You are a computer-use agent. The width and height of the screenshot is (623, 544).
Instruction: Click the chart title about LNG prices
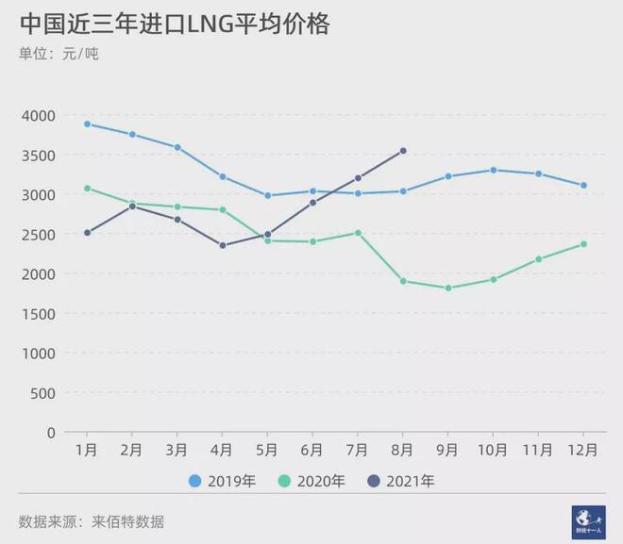point(174,24)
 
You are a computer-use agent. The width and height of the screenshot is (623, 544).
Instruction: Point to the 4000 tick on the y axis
point(38,116)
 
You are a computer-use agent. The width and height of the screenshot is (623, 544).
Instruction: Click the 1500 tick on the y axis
point(38,314)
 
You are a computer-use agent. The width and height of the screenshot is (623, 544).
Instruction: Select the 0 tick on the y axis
point(51,433)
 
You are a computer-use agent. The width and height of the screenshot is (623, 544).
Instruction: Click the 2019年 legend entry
point(222,481)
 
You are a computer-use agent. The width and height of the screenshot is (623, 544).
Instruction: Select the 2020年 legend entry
point(312,481)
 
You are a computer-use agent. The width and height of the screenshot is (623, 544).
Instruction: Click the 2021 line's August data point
point(403,151)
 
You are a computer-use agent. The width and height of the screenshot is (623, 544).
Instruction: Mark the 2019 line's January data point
point(87,124)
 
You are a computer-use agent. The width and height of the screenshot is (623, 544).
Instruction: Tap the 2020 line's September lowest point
point(448,288)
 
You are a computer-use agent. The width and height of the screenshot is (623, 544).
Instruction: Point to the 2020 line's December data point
point(584,244)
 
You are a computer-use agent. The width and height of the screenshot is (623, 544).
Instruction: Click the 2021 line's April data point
point(223,246)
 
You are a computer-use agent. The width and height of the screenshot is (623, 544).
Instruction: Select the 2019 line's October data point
point(494,171)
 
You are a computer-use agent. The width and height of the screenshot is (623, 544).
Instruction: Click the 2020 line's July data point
point(358,233)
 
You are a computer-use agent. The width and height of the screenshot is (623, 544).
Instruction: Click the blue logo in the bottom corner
point(588,521)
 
